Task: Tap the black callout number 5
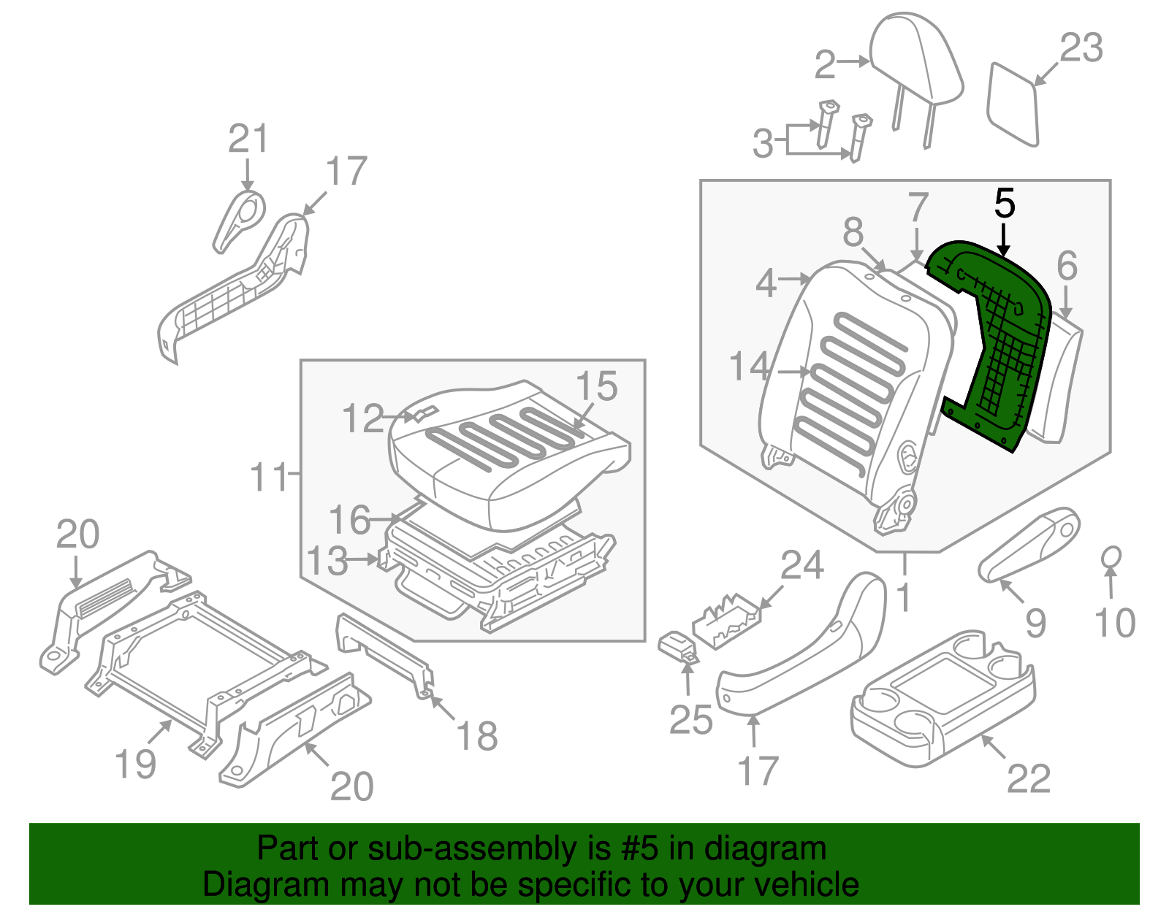(1005, 204)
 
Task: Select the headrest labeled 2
(917, 62)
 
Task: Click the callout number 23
(1081, 49)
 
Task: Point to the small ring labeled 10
(1111, 557)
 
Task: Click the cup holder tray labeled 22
(943, 701)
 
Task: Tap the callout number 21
(248, 139)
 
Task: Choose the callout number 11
(269, 478)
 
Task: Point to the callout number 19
(136, 764)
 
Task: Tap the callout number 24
(802, 566)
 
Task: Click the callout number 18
(476, 736)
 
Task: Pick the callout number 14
(750, 367)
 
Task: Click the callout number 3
(763, 144)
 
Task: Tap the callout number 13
(327, 562)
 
